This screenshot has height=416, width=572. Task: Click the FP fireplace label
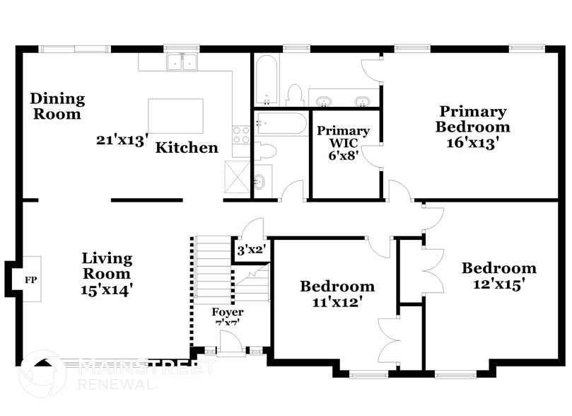click(x=30, y=280)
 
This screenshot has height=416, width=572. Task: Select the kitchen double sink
click(x=182, y=63)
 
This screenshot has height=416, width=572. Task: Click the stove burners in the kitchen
click(x=241, y=134)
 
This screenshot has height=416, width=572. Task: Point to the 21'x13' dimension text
click(x=121, y=141)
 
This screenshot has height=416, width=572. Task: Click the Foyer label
click(x=228, y=312)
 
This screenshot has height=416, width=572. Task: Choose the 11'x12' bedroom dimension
click(x=337, y=302)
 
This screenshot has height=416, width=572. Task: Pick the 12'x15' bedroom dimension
click(x=498, y=284)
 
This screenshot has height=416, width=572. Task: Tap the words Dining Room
click(x=57, y=106)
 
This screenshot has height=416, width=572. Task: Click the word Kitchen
click(x=187, y=148)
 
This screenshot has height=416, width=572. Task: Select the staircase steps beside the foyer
click(x=211, y=269)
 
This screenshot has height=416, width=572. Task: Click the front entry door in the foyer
click(x=228, y=345)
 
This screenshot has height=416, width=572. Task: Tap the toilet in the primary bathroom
click(x=294, y=96)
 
